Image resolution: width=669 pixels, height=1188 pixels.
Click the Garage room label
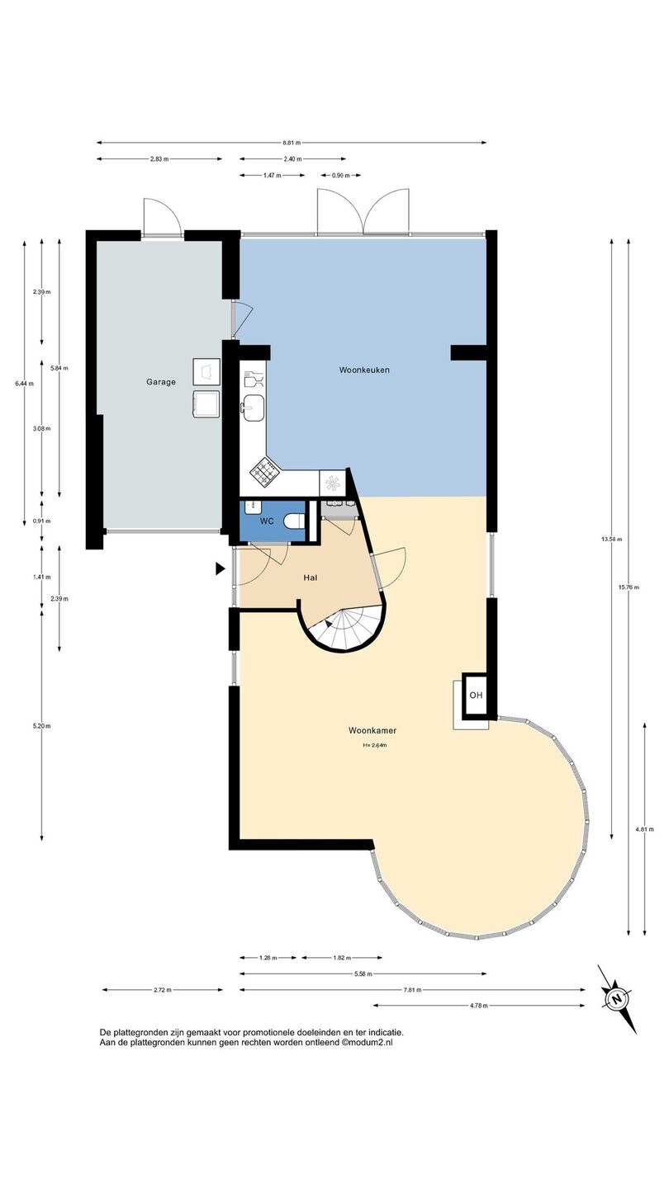pyautogui.click(x=161, y=382)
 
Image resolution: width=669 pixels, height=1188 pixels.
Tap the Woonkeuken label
pyautogui.click(x=364, y=370)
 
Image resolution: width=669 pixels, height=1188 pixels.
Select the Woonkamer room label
pyautogui.click(x=372, y=730)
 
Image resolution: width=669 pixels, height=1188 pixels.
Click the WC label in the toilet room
pyautogui.click(x=267, y=521)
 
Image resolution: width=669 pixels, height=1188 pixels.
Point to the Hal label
pyautogui.click(x=311, y=577)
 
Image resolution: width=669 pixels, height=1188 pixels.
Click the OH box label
pyautogui.click(x=476, y=695)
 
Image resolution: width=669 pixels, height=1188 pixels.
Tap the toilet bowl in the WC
pyautogui.click(x=294, y=521)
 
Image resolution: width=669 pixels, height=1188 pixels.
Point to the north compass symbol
pyautogui.click(x=616, y=999)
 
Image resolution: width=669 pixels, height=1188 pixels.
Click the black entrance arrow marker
pyautogui.click(x=220, y=569)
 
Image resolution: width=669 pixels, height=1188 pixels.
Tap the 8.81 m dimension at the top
pyautogui.click(x=292, y=143)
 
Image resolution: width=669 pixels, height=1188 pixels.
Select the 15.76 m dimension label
pyautogui.click(x=629, y=587)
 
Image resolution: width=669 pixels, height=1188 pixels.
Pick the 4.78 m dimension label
pyautogui.click(x=478, y=1006)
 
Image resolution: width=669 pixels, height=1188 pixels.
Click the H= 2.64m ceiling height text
pyautogui.click(x=374, y=745)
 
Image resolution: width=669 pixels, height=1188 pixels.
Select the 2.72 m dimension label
pyautogui.click(x=162, y=990)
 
